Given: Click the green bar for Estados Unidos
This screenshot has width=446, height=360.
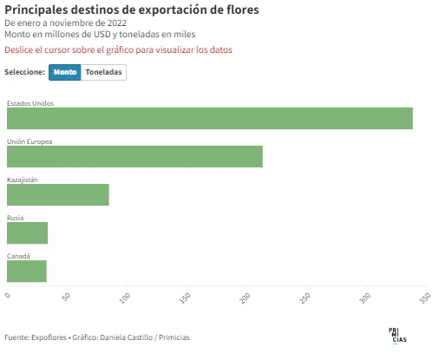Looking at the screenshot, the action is [x=210, y=118].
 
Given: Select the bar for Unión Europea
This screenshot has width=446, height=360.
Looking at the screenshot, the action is [x=134, y=156].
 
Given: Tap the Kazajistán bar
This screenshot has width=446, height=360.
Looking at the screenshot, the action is [x=58, y=194].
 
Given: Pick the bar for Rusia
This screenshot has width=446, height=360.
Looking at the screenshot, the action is [x=27, y=232].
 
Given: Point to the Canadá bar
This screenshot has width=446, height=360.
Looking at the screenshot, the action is [x=27, y=271].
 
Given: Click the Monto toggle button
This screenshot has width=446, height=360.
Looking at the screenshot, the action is [x=65, y=72].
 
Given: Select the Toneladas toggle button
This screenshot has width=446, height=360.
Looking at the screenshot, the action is [x=103, y=72].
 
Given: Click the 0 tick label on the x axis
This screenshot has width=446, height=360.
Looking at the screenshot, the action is [x=8, y=295].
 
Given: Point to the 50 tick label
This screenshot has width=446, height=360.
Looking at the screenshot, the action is [x=67, y=297].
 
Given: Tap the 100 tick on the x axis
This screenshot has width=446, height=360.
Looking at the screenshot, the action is [x=125, y=298].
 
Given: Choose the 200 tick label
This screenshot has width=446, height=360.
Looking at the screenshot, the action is [x=245, y=298].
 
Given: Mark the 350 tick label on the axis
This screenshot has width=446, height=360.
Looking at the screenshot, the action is [x=425, y=298].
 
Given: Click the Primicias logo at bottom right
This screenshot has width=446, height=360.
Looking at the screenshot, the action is [x=397, y=336].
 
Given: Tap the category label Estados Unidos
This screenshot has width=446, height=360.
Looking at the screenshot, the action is [x=30, y=103].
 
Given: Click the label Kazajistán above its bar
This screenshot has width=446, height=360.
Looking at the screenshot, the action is [x=23, y=180].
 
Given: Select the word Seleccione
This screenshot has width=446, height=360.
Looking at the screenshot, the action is [x=24, y=72].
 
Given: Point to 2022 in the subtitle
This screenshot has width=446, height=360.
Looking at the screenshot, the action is [x=117, y=23].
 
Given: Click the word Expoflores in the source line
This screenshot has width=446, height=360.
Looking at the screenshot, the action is [x=49, y=337].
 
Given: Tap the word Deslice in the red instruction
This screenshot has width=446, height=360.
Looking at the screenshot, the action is [x=19, y=49].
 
